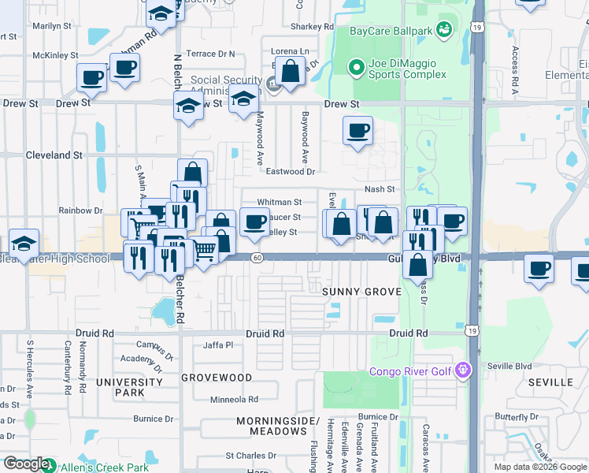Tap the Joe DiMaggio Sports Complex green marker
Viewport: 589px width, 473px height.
point(354,68)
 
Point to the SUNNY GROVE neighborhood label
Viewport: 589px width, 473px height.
point(361,292)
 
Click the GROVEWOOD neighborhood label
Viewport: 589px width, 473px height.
point(217,378)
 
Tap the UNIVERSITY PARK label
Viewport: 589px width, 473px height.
point(119,387)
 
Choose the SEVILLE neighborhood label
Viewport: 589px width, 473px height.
point(550,382)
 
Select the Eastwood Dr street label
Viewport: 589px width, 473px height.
point(290,171)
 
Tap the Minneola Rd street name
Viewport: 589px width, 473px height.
point(233,400)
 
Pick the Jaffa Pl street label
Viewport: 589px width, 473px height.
point(218,345)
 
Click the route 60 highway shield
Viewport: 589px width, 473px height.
point(257,258)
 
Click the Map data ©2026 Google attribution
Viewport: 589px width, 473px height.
point(539,467)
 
